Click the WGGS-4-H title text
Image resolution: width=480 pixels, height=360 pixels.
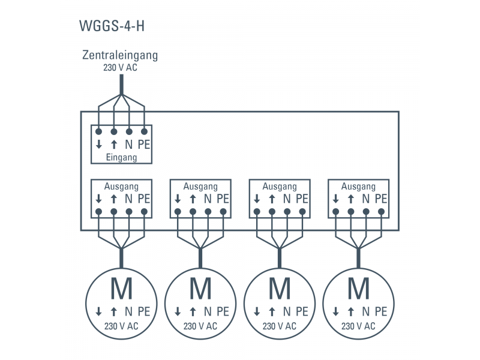pos(112,27)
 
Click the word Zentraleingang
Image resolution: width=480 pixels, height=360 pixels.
pos(120,55)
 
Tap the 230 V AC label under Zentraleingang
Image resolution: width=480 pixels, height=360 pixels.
pos(121,68)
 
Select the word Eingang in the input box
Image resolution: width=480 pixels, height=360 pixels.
pos(121,157)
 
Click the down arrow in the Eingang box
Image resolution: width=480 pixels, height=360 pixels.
pos(98,145)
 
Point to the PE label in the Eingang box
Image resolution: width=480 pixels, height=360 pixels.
pos(144,145)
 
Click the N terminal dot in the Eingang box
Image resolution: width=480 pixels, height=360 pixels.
pos(129,131)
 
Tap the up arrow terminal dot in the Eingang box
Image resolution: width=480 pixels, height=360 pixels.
pos(113,131)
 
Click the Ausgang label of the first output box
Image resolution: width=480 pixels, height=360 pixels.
pos(121,187)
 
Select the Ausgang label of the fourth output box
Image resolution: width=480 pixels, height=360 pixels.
pos(358,187)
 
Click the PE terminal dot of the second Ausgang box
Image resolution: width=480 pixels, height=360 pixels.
pos(223,211)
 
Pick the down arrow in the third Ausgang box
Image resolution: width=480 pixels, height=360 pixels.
pos(257,199)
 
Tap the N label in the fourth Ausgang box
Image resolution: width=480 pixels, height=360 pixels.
pos(366,199)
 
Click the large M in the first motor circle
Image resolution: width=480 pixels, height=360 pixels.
pos(121,289)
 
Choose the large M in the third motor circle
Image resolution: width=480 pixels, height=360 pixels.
pos(280,289)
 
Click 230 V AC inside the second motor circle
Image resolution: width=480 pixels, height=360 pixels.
pos(200,326)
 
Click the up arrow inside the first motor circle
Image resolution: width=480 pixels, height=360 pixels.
pos(113,312)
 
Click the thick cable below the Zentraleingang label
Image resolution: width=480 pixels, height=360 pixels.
pos(121,84)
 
